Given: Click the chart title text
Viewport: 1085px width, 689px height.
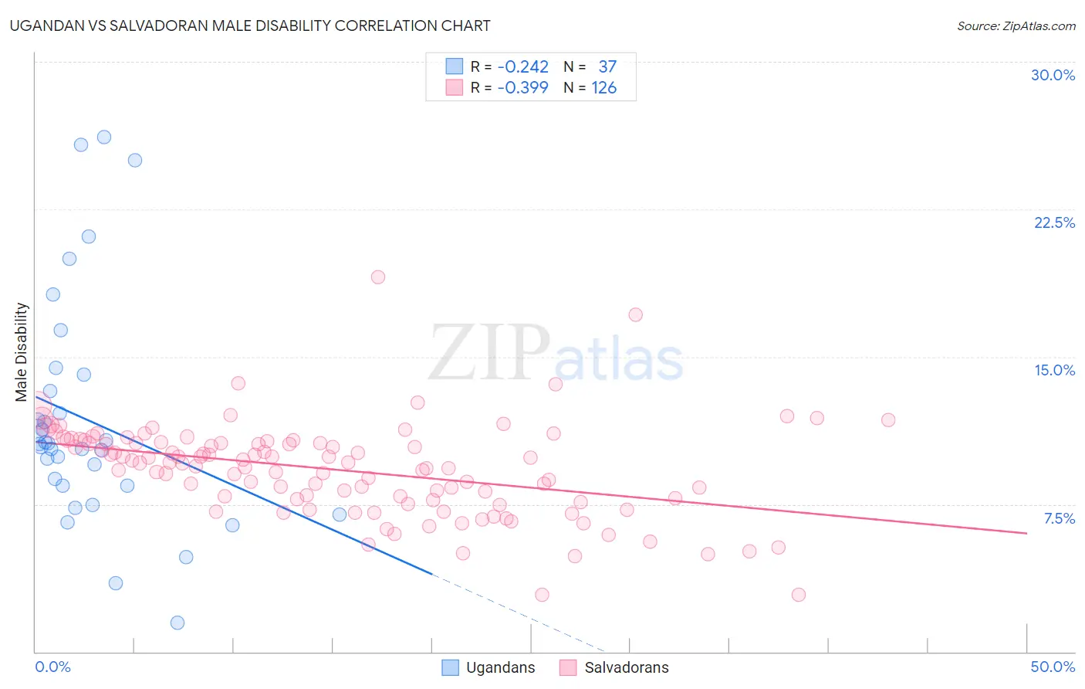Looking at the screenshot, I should (x=250, y=25).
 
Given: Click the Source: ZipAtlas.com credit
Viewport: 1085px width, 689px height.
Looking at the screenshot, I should (x=1016, y=26).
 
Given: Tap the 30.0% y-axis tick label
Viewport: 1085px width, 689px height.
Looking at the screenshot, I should (x=1053, y=75).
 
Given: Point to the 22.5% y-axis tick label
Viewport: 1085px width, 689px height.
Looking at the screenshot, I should (x=1054, y=222).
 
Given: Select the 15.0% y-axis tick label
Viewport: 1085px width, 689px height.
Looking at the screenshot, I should (x=1054, y=370).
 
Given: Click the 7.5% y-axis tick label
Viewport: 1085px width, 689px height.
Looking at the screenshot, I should (x=1059, y=518).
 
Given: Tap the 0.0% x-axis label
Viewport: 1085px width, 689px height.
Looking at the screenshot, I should (x=52, y=667).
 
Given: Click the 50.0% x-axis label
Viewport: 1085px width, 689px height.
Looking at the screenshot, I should (x=1053, y=667).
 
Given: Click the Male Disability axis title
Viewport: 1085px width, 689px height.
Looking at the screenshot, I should (x=22, y=351).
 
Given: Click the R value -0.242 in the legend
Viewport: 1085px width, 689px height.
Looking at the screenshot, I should (x=522, y=67).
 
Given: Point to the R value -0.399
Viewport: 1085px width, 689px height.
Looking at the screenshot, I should (x=522, y=88).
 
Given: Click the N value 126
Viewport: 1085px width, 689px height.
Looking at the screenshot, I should (x=604, y=88).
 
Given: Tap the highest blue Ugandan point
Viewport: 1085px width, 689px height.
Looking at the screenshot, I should (x=104, y=137).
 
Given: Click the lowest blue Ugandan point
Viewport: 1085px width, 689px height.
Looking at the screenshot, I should (x=177, y=623).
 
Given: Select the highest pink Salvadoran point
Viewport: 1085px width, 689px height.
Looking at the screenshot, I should (x=378, y=277).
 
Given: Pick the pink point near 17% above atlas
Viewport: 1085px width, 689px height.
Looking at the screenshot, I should (x=636, y=314).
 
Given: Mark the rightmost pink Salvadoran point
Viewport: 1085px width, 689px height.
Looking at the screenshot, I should (x=888, y=420).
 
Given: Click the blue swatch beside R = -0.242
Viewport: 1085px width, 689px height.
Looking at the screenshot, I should (x=455, y=67).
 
